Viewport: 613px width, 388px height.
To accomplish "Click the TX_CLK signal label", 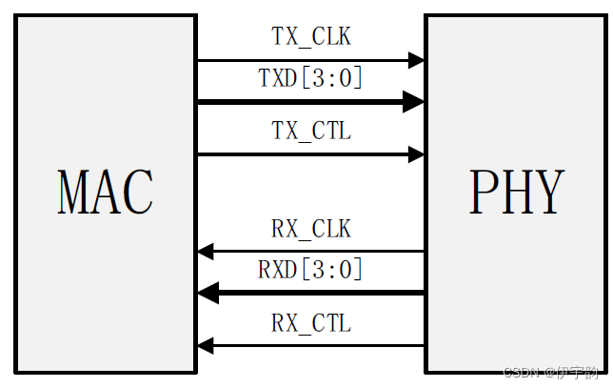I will coord(311,37).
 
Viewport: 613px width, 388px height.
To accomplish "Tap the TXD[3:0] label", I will coord(311,78).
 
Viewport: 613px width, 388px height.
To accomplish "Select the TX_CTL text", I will coord(311,131).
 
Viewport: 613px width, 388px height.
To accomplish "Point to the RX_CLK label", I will coord(311,229).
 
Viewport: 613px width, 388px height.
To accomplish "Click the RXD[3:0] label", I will coord(311,270).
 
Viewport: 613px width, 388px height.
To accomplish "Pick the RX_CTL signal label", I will coord(311,323).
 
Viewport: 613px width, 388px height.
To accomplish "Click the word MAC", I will coord(106,193).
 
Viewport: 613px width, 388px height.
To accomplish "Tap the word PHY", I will coord(516,193).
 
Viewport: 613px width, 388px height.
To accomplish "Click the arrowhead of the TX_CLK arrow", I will coord(416,60).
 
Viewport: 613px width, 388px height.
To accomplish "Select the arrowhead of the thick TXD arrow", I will coord(414,100).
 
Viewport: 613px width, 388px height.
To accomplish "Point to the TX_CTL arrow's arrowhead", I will coord(416,153).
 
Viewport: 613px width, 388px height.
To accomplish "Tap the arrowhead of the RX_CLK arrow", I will coord(206,252).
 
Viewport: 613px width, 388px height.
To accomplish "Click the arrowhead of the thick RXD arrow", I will coord(208,293).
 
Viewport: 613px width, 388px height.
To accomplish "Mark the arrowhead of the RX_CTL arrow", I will coord(206,345).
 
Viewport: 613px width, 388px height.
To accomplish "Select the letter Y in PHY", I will coord(547,193).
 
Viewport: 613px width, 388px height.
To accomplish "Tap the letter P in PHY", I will coord(484,193).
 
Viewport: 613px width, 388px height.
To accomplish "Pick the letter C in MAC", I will coord(137,193).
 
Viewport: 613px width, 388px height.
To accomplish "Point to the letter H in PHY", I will coord(515,193).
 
